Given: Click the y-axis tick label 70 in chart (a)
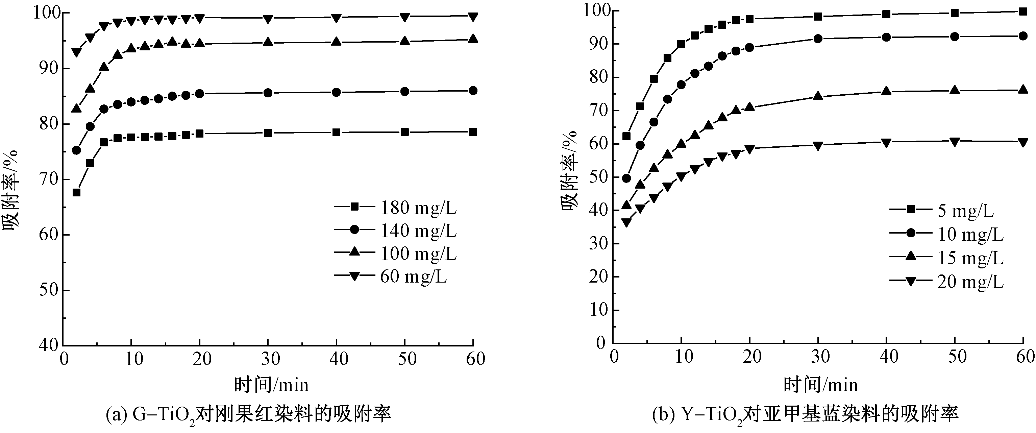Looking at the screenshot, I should pyautogui.click(x=49, y=179).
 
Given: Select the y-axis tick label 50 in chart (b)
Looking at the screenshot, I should pyautogui.click(x=597, y=177).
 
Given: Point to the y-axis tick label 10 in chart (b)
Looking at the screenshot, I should pyautogui.click(x=597, y=310).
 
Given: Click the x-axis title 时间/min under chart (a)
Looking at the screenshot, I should pyautogui.click(x=271, y=385).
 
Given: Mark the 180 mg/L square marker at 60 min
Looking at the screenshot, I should pyautogui.click(x=473, y=132).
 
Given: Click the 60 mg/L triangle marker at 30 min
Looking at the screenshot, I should pyautogui.click(x=268, y=19).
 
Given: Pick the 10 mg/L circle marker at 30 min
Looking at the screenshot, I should pyautogui.click(x=818, y=39).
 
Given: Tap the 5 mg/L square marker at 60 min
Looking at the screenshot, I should pyautogui.click(x=1023, y=11).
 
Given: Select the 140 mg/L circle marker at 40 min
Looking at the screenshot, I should pyautogui.click(x=336, y=93).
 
